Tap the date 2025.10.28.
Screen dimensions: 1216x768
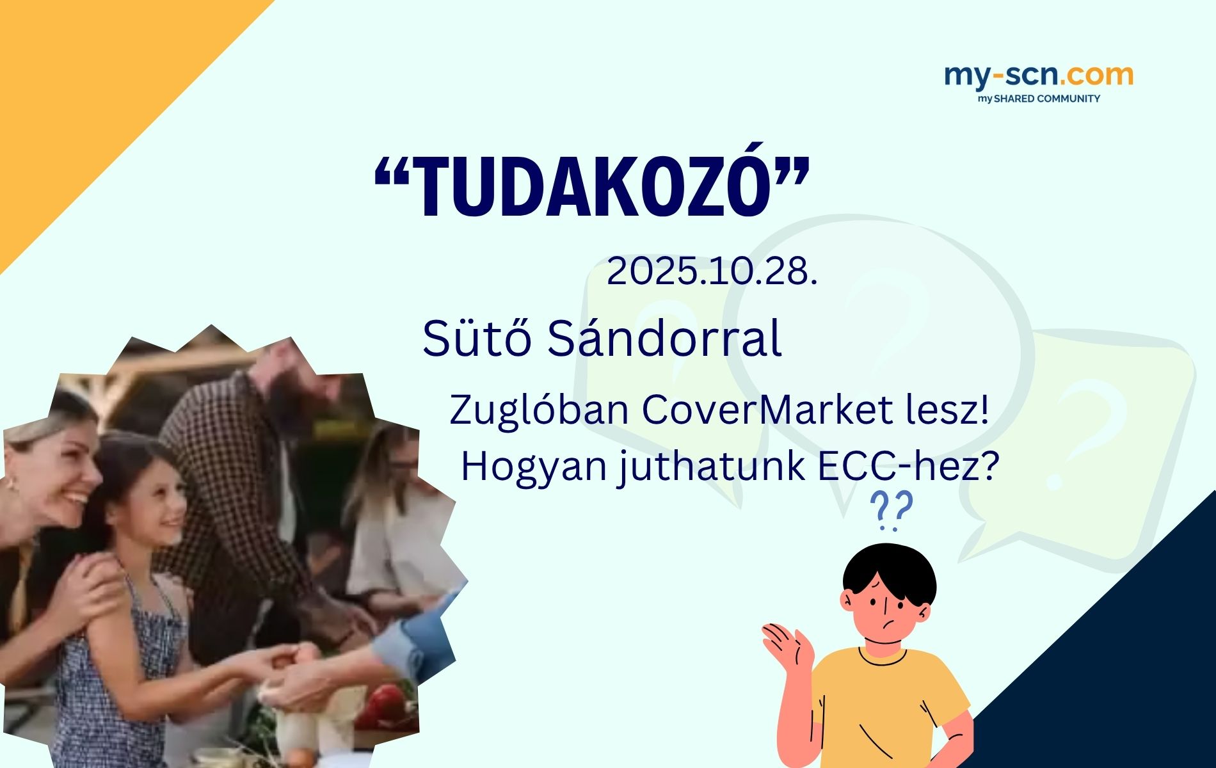coord(712,272)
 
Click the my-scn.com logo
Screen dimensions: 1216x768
coord(1038,76)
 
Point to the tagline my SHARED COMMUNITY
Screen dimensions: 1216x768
coord(1039,99)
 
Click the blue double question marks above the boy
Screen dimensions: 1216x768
coord(891,511)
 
